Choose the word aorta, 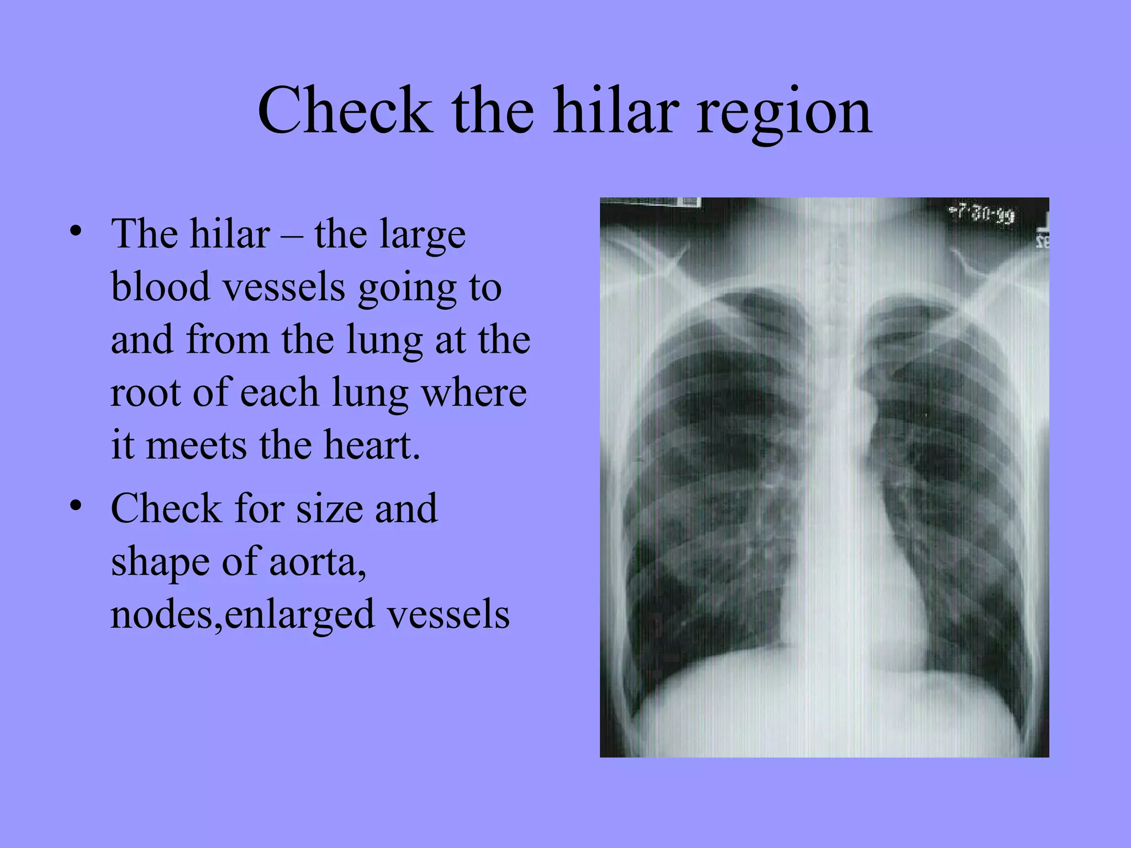click(x=318, y=561)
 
